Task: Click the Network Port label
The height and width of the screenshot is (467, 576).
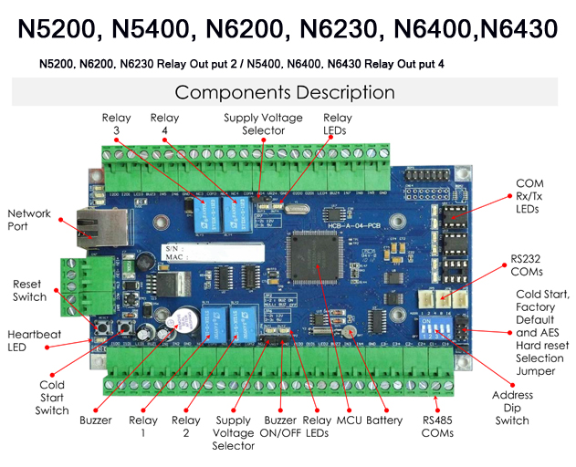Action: point(29,220)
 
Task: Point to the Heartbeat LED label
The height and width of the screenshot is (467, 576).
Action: point(34,340)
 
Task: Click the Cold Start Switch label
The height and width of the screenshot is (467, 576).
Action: point(53,398)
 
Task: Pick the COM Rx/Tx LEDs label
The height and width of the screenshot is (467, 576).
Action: point(529,196)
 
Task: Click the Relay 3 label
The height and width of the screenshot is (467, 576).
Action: point(116,124)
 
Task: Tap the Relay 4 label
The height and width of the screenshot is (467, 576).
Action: point(164,124)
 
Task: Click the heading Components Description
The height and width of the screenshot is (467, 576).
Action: point(285,92)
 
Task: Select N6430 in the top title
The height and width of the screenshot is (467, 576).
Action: point(508,29)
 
